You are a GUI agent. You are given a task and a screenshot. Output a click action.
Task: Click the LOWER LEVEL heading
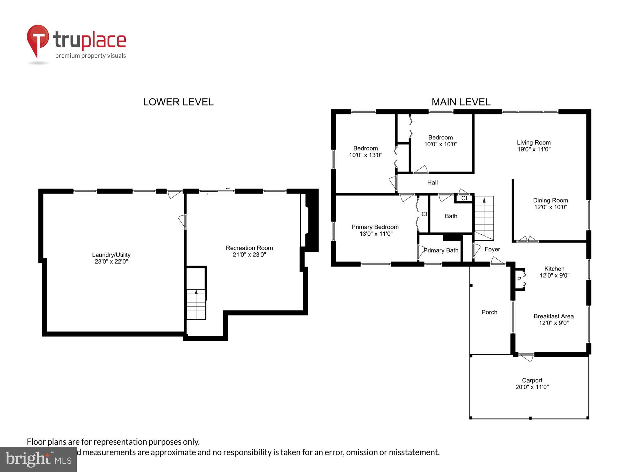[178, 102]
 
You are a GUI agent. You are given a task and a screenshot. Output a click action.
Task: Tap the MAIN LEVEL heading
[461, 102]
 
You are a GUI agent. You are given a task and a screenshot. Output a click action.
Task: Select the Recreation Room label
[249, 248]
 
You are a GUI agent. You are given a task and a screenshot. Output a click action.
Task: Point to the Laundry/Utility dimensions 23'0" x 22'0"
[111, 261]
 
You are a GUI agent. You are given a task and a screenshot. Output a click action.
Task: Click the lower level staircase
[196, 304]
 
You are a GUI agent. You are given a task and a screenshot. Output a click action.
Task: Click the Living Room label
[534, 143]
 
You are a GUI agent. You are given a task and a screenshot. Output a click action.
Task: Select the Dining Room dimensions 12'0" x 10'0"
[550, 207]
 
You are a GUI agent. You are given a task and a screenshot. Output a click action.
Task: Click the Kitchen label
[554, 269]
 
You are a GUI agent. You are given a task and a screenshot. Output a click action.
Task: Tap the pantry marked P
[519, 279]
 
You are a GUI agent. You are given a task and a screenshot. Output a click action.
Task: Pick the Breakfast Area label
[554, 316]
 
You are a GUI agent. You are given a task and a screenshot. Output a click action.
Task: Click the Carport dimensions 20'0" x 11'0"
[532, 387]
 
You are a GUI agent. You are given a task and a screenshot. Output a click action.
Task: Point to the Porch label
[489, 312]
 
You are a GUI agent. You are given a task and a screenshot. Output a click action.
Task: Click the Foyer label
[492, 249]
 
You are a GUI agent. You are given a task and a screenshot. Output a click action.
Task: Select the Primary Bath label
[441, 250]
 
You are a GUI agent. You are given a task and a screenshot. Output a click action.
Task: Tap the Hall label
[432, 183]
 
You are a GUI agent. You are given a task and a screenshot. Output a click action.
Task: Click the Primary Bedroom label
[375, 227]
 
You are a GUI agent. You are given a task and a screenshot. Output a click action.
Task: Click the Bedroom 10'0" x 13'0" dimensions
[365, 155]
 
